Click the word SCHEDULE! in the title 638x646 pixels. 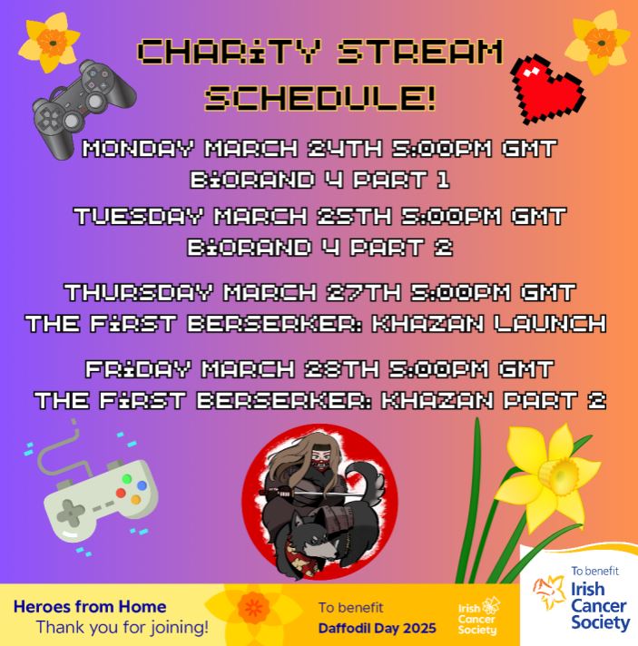pos(320,94)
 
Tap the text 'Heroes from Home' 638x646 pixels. pos(90,606)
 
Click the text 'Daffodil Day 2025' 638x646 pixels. pos(378,628)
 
